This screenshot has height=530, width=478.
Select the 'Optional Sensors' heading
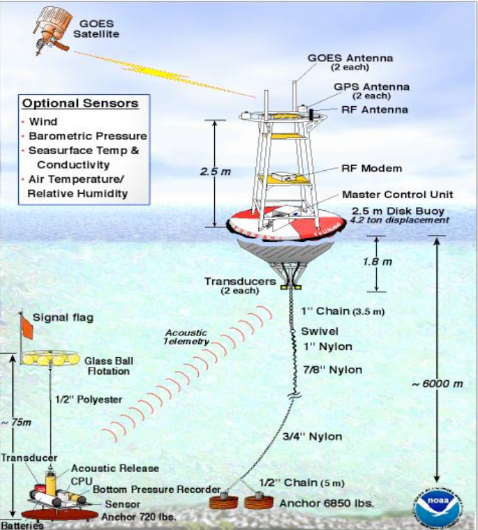80,104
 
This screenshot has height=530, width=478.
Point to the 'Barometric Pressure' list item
87,136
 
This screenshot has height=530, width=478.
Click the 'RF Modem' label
361,168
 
